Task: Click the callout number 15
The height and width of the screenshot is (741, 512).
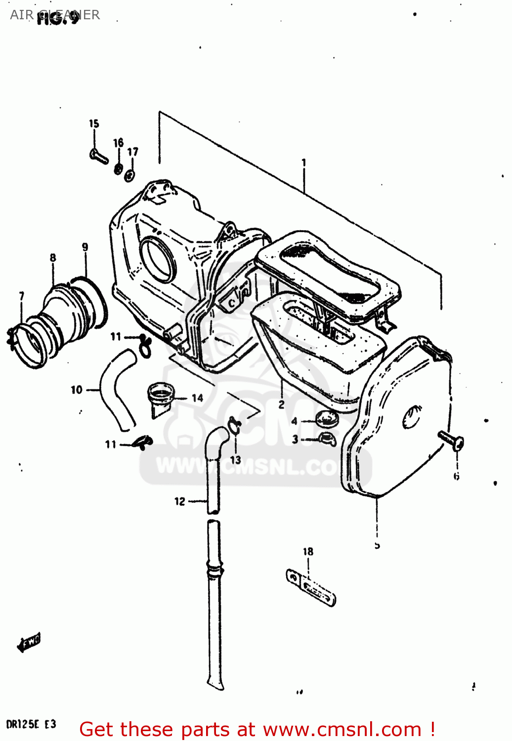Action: (94, 123)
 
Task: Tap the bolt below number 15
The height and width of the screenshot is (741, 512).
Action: (99, 157)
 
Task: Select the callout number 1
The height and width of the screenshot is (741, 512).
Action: (303, 163)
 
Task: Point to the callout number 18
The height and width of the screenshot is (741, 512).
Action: (308, 551)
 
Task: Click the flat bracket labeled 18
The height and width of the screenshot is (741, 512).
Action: (311, 587)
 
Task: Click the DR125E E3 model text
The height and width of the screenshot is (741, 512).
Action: (31, 725)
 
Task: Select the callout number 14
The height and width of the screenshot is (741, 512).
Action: (197, 398)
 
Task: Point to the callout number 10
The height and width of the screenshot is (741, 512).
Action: (76, 390)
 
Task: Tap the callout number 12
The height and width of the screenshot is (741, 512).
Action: (179, 501)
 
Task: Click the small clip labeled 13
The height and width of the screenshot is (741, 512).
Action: (234, 424)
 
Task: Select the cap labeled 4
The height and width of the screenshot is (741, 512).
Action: (326, 420)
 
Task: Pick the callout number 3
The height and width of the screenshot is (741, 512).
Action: (295, 439)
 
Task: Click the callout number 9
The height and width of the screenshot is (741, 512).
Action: (85, 247)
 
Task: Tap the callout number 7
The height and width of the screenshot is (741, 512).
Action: (21, 296)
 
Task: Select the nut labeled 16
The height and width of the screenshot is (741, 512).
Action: (119, 169)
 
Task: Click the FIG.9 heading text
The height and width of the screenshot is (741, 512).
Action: (58, 18)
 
